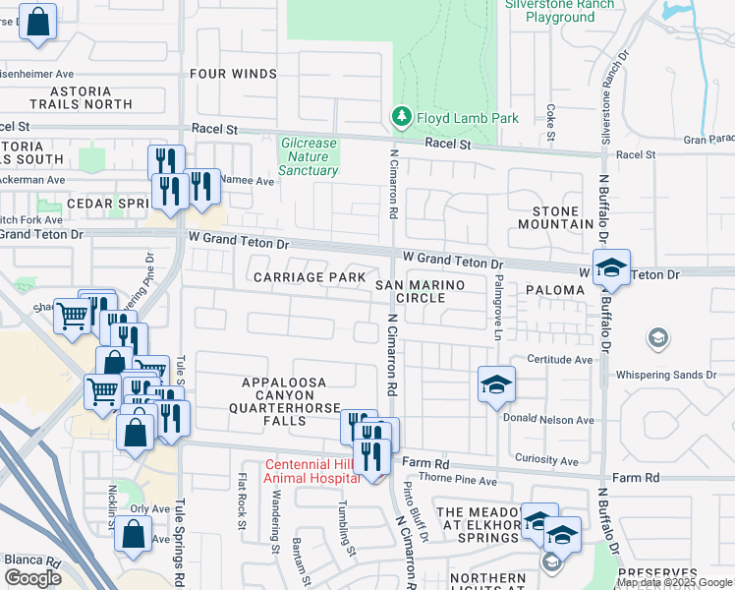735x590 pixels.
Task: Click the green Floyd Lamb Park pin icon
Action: click(x=401, y=117)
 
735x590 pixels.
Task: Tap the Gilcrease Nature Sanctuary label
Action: click(x=309, y=156)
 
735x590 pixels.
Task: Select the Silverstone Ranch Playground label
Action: click(x=559, y=11)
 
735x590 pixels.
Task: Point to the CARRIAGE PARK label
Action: click(x=310, y=277)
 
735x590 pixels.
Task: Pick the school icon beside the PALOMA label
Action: click(x=611, y=268)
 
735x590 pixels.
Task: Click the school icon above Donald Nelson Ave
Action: click(x=496, y=384)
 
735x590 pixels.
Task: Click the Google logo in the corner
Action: click(x=32, y=578)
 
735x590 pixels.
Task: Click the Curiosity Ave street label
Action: click(x=547, y=460)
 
